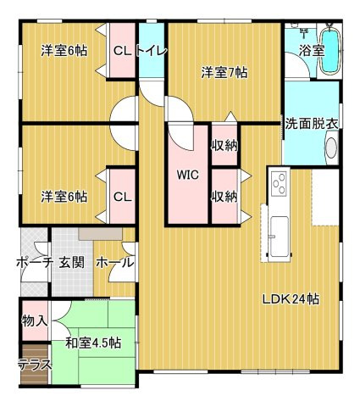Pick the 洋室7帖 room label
click(x=224, y=73)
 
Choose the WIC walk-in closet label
click(x=187, y=176)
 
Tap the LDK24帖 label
click(x=290, y=298)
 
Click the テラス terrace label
click(x=35, y=365)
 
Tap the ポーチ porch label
click(x=35, y=263)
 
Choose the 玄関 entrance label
click(x=71, y=263)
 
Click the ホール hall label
click(x=114, y=263)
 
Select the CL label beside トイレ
click(x=122, y=50)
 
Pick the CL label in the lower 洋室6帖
click(x=122, y=197)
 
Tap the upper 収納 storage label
click(x=224, y=146)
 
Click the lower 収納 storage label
click(x=224, y=197)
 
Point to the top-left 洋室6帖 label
click(x=64, y=50)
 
